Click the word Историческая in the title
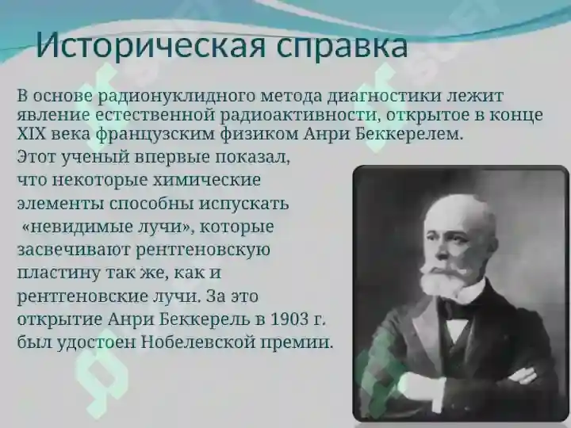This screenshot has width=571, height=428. coord(153,45)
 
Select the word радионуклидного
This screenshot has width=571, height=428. coord(178,97)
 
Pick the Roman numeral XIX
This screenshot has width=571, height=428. coord(32,134)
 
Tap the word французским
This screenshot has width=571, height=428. coord(155,136)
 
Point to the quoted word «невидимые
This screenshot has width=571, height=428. coord(67,227)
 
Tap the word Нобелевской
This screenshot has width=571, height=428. coord(197,342)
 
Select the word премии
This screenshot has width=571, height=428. coord(297,344)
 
